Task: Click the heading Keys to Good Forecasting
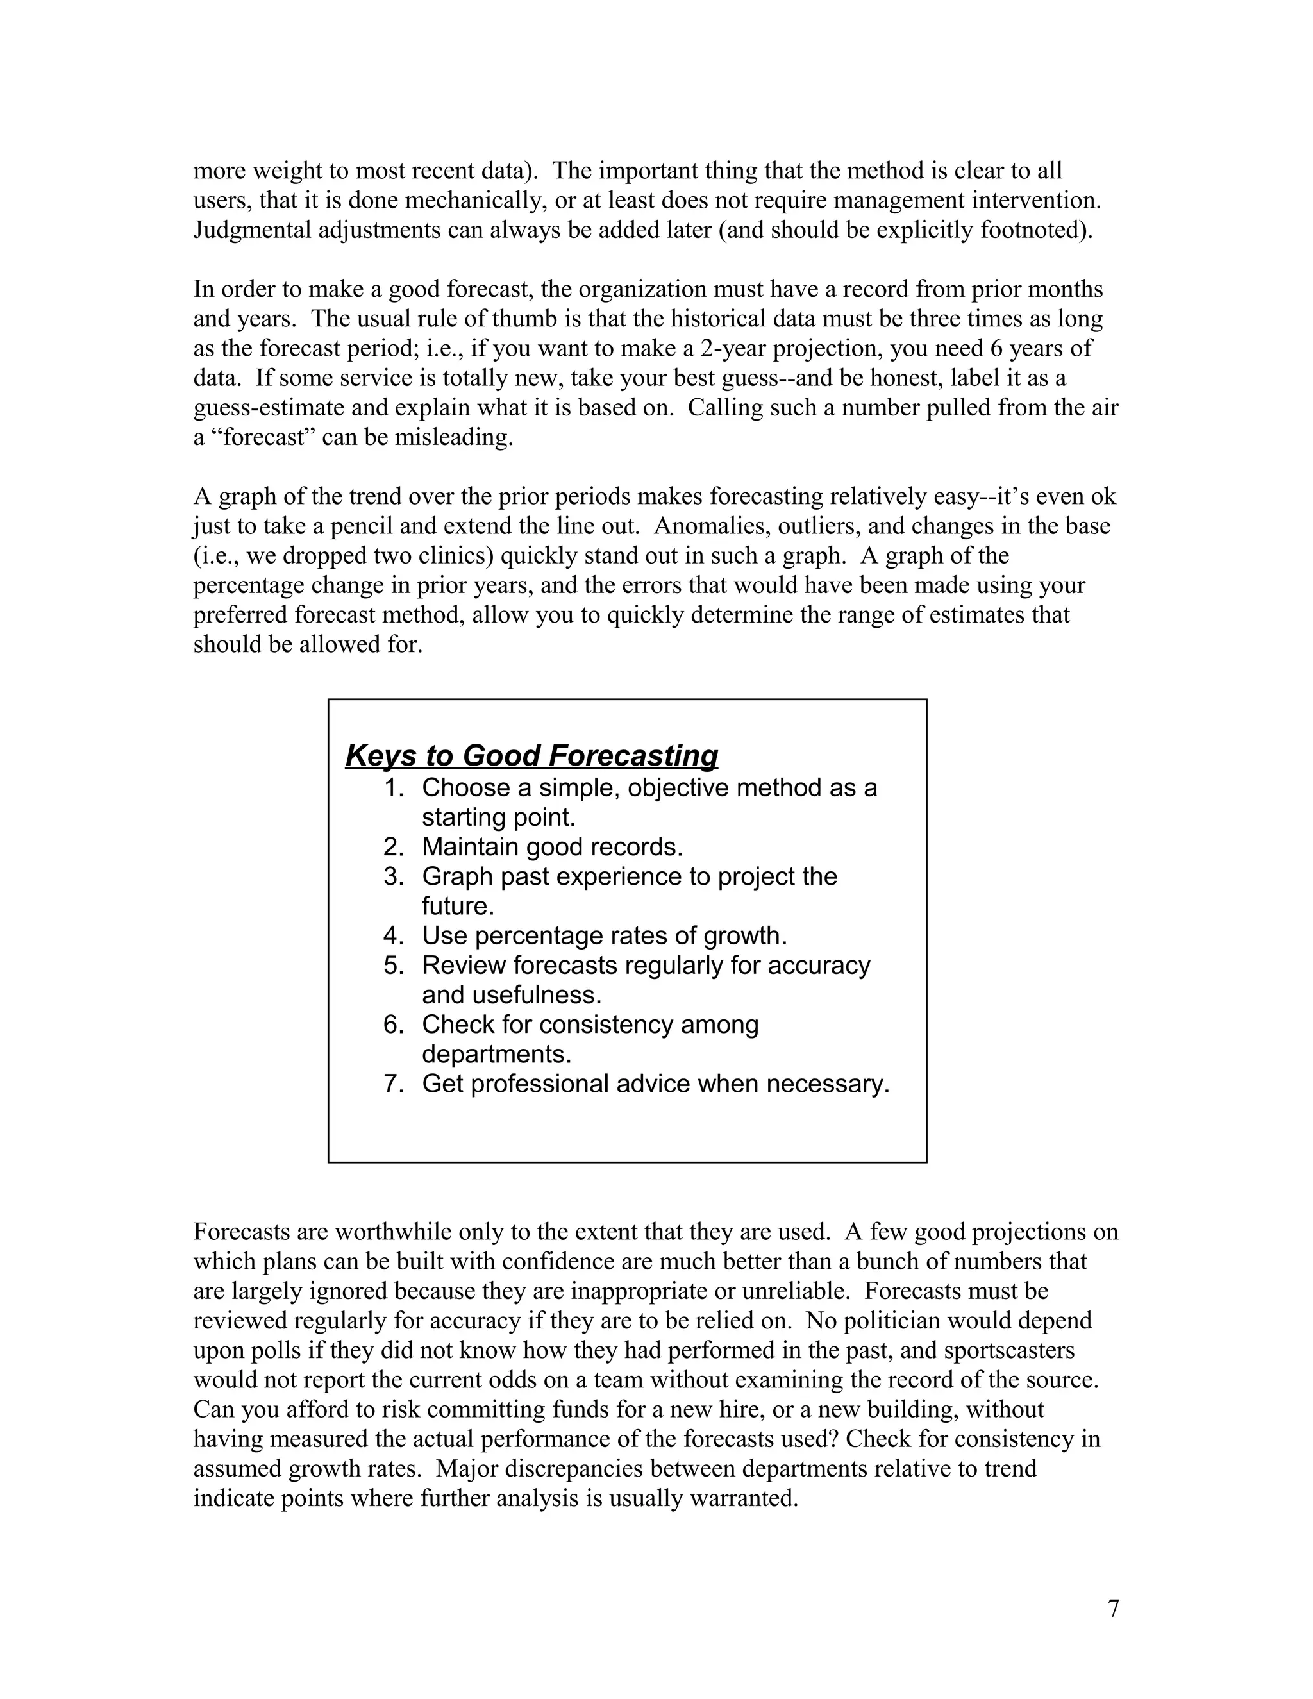pos(531,755)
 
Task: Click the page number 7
pos(1113,1608)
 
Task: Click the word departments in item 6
pos(496,1054)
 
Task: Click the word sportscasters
pos(1009,1350)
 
